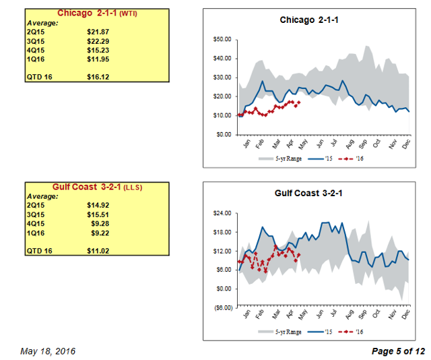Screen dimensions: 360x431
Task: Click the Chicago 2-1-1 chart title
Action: [308, 21]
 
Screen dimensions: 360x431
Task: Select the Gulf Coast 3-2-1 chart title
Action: [308, 194]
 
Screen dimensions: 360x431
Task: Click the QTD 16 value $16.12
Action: [98, 78]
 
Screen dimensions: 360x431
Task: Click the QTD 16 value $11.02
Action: [98, 251]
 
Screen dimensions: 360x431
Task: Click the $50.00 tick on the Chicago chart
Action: [221, 39]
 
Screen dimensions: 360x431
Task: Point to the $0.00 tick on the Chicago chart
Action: [223, 134]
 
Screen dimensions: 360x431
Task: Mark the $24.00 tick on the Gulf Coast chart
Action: [221, 213]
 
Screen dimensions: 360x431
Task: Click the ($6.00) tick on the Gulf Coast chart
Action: [220, 307]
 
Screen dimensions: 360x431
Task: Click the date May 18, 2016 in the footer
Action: [48, 351]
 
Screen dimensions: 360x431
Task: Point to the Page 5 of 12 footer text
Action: [398, 351]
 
